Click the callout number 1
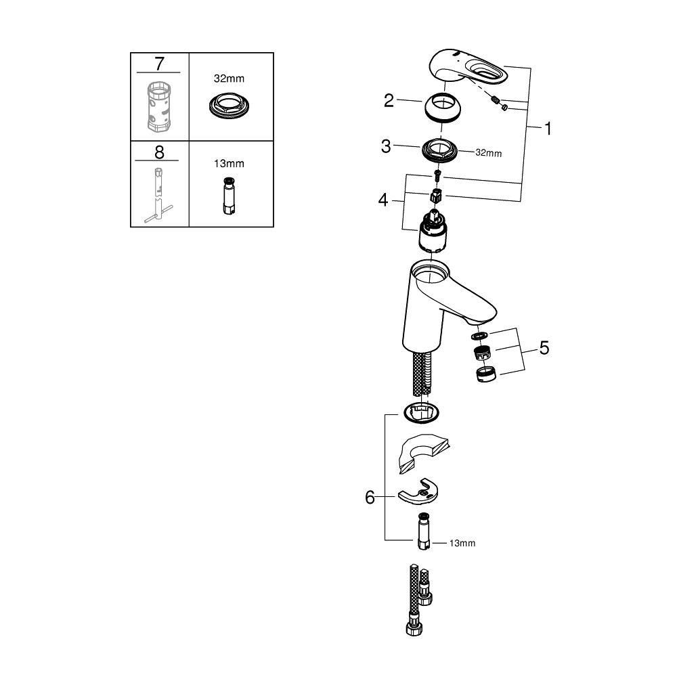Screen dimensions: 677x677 (x=547, y=129)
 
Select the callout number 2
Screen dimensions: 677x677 (x=389, y=101)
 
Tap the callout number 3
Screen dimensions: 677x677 (x=386, y=146)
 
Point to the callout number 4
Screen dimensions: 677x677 (x=383, y=201)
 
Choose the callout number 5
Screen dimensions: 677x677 (x=544, y=349)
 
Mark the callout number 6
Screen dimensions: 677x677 (x=370, y=498)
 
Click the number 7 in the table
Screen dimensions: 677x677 (x=159, y=64)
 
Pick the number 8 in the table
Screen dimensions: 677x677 (x=159, y=152)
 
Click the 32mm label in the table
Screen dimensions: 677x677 (x=230, y=79)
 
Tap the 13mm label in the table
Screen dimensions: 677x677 (x=230, y=164)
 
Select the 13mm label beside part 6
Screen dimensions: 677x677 (x=462, y=543)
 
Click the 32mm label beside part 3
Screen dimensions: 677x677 (x=489, y=153)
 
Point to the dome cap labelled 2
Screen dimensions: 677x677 (x=444, y=108)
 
